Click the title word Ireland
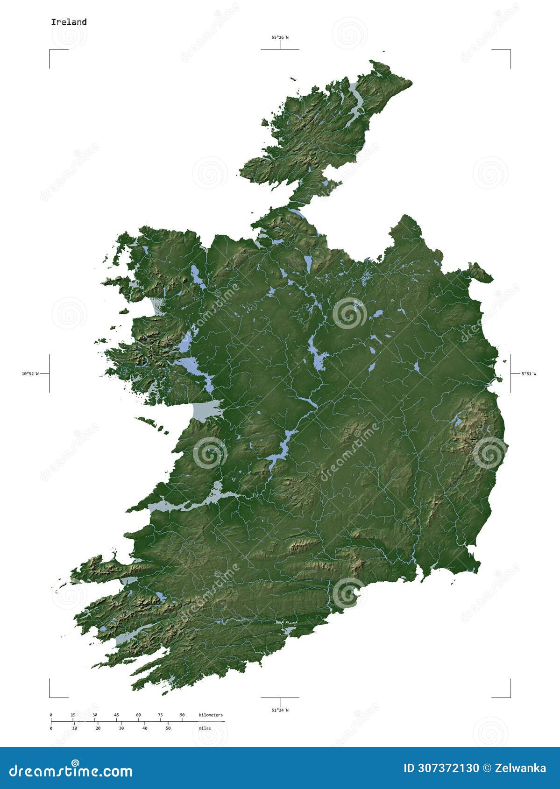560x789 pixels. [x=69, y=22]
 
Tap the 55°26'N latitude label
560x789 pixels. [x=280, y=37]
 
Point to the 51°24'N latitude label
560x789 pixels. [x=280, y=710]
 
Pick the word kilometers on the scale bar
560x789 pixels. [x=211, y=715]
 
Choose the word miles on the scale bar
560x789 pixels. [x=205, y=728]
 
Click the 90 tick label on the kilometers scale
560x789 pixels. [x=182, y=715]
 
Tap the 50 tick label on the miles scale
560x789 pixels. [x=168, y=728]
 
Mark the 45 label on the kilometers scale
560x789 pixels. [x=116, y=715]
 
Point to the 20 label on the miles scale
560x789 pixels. [x=98, y=728]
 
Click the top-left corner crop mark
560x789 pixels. [x=50, y=50]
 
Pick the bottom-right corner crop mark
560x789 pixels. [x=510, y=697]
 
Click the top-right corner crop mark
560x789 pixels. [x=510, y=50]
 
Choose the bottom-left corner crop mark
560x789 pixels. [x=50, y=697]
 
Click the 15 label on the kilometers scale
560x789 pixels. [x=73, y=715]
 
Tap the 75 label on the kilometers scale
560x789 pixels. [x=160, y=715]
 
